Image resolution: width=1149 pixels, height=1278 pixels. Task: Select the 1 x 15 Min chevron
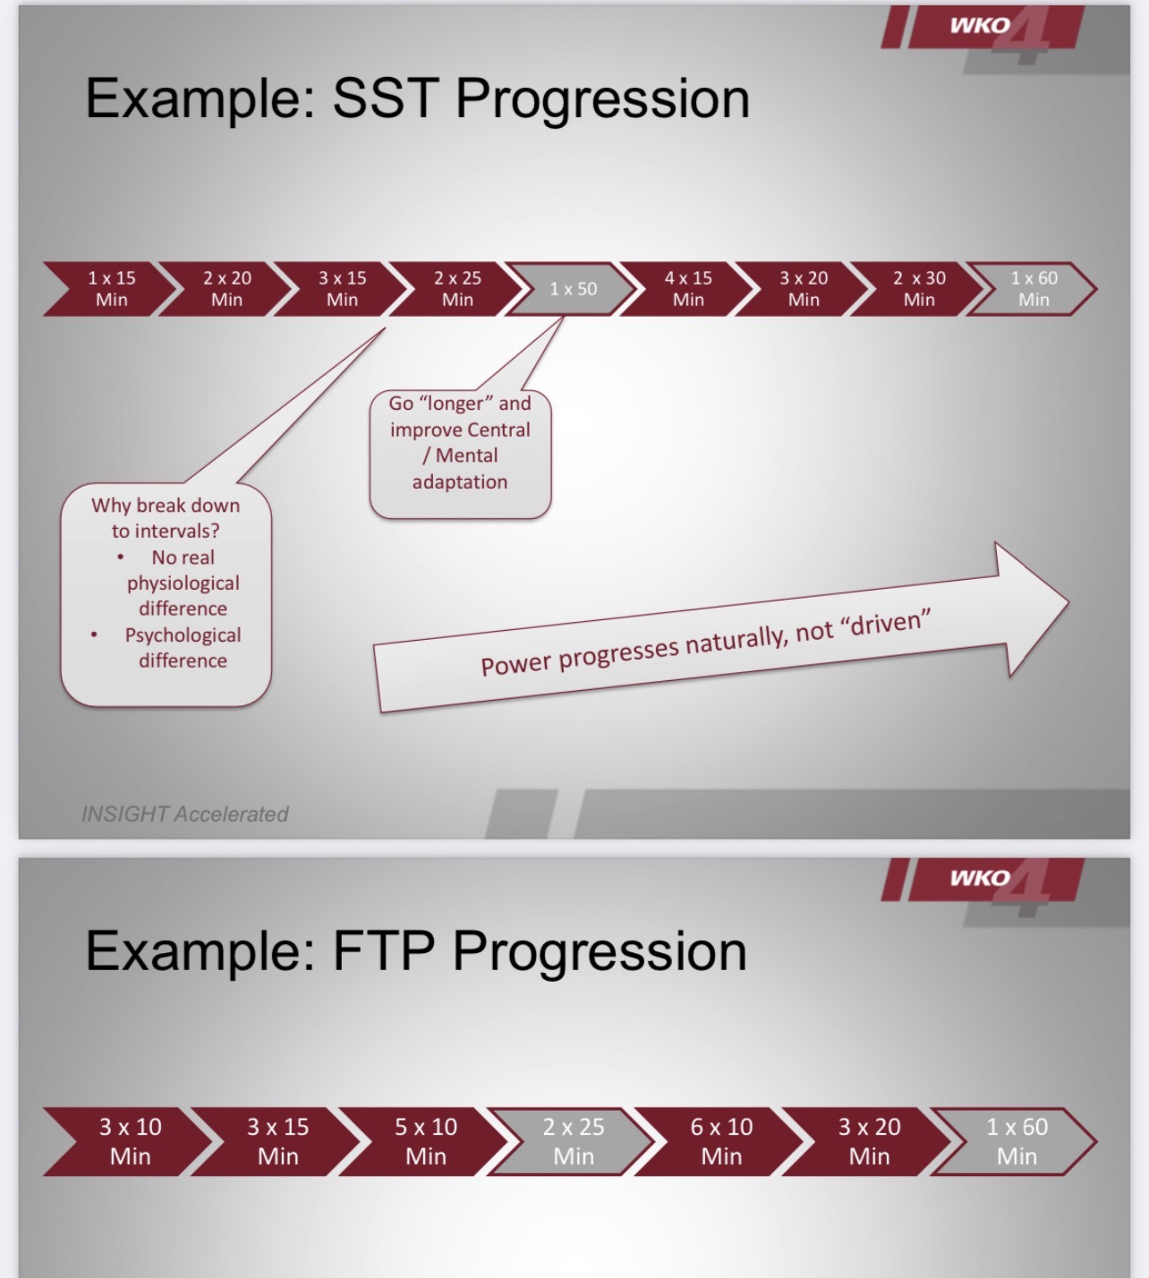click(x=109, y=288)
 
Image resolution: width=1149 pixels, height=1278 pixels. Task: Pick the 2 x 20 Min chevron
click(x=226, y=288)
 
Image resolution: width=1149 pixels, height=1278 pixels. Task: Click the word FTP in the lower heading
click(x=384, y=951)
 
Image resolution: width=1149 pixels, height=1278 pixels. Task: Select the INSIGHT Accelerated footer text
click(x=185, y=814)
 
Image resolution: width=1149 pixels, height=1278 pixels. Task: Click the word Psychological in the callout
click(x=183, y=635)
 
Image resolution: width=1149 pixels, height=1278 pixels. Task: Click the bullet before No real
click(x=120, y=558)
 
